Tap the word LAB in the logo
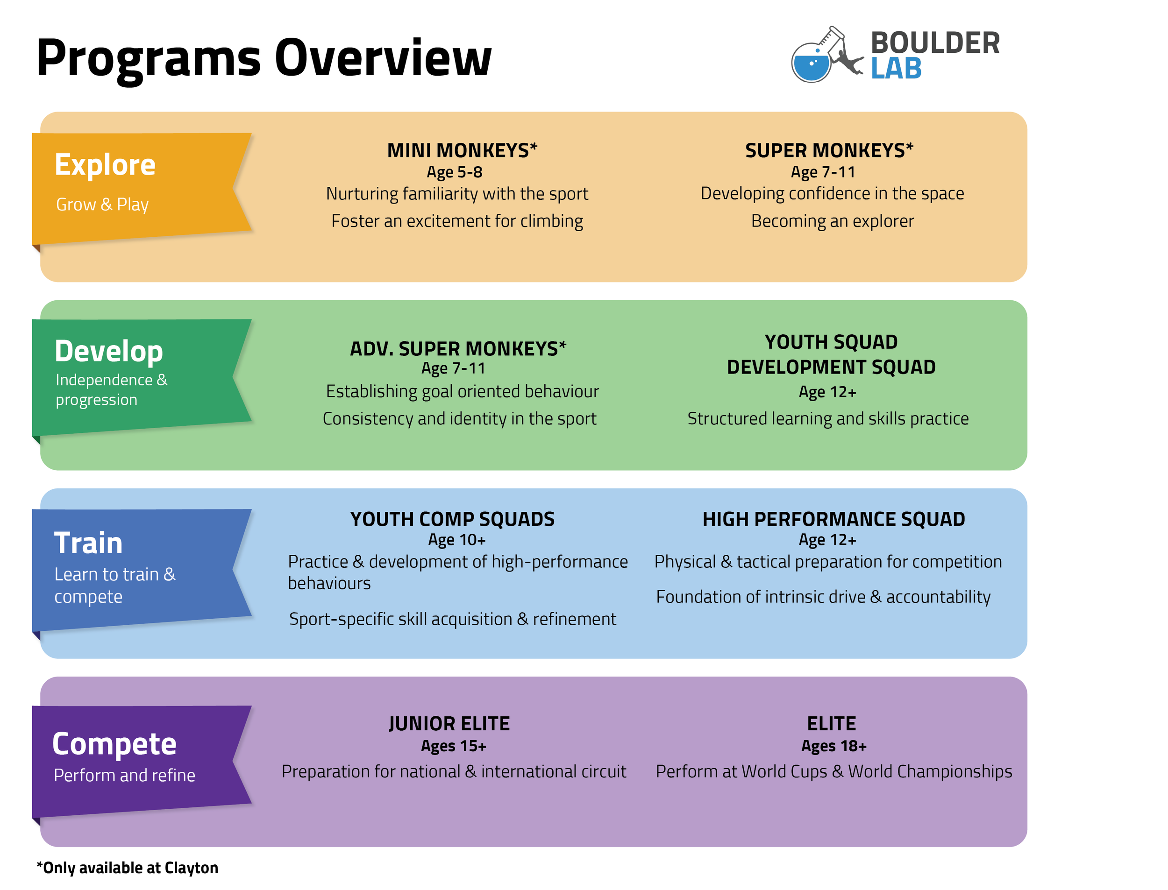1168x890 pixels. [x=896, y=69]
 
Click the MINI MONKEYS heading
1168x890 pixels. [x=462, y=150]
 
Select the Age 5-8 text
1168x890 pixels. [x=454, y=172]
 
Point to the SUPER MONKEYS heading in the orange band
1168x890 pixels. [x=829, y=150]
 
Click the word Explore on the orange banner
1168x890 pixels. [x=105, y=165]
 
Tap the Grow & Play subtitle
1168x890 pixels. [x=102, y=205]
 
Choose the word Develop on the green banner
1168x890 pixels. [x=109, y=351]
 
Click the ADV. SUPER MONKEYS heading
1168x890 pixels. [x=458, y=349]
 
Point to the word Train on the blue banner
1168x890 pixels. [x=88, y=543]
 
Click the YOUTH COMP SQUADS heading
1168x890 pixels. [x=452, y=519]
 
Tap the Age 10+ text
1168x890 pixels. [x=456, y=540]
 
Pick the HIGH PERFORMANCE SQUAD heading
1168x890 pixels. [x=833, y=519]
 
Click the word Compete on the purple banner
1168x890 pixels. [x=114, y=744]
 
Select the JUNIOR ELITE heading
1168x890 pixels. [x=449, y=724]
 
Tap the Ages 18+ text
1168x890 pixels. [x=833, y=746]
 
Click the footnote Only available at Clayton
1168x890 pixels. [x=128, y=868]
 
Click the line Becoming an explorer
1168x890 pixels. [x=832, y=221]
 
